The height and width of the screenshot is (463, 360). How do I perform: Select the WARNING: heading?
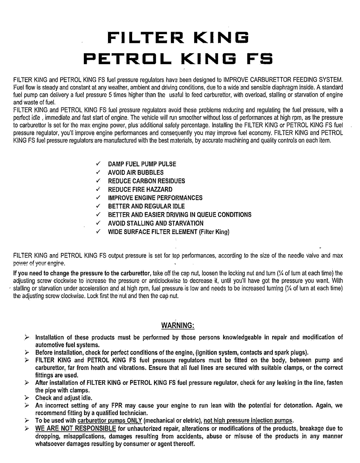[178, 326]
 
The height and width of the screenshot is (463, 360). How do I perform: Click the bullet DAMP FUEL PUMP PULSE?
[142, 164]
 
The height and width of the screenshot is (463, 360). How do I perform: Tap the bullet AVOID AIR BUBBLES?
[136, 172]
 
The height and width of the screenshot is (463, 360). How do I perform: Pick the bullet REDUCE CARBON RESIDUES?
[146, 181]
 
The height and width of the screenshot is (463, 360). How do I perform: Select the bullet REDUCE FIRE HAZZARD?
[140, 189]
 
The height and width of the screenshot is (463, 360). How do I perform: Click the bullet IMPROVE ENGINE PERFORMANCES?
[155, 198]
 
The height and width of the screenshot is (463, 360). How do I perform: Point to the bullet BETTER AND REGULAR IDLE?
[146, 206]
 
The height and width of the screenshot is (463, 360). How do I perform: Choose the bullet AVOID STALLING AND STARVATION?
[156, 223]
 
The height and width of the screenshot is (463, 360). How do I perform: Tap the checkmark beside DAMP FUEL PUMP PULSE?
[98, 164]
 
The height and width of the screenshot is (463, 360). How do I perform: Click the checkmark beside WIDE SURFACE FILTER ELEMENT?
[98, 231]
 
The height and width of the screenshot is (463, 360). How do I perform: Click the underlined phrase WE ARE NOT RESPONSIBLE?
[75, 428]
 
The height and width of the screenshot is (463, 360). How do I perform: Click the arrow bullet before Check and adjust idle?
[27, 398]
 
